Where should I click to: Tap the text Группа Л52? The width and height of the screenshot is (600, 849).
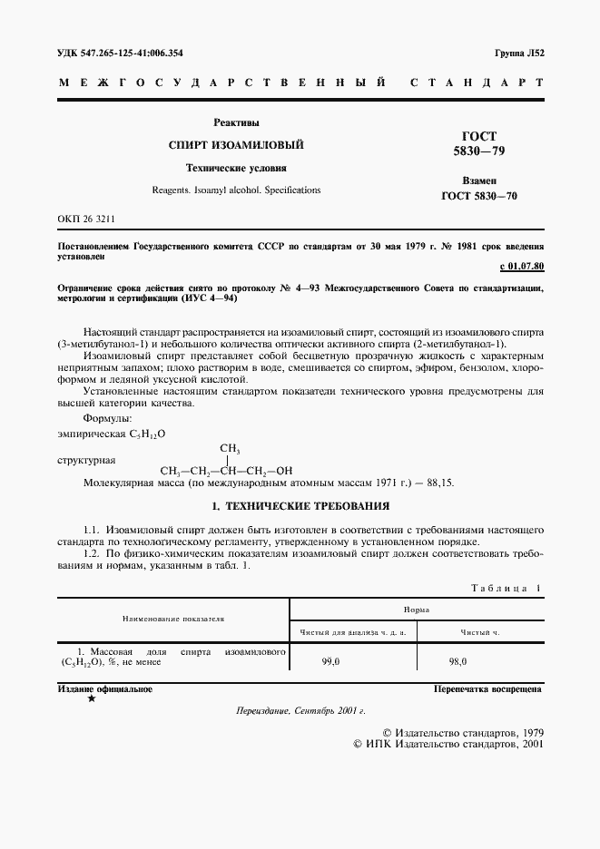click(518, 53)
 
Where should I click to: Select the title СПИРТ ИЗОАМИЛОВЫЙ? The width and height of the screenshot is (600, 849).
click(236, 145)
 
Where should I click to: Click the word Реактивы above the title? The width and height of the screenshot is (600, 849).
click(236, 122)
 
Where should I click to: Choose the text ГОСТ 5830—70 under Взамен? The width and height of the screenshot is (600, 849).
click(478, 196)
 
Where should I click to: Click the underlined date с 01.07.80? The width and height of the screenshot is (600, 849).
click(521, 267)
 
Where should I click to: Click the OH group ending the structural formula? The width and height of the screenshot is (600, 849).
click(283, 470)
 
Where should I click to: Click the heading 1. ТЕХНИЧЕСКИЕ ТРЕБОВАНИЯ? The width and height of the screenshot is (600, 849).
click(300, 505)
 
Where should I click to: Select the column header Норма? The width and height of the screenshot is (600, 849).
click(417, 612)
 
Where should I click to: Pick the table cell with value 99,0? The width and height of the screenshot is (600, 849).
click(330, 662)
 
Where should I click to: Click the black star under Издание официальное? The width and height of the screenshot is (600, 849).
click(90, 699)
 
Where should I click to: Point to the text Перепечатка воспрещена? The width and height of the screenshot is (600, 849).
click(488, 689)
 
